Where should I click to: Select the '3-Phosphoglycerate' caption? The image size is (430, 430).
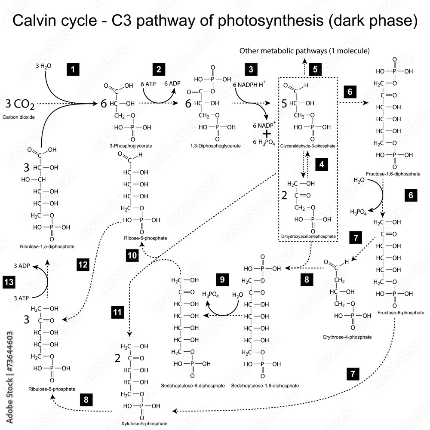[x=128, y=146]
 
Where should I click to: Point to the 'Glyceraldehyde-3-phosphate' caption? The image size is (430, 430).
[x=307, y=146]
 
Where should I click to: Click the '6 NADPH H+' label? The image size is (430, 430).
[x=249, y=85]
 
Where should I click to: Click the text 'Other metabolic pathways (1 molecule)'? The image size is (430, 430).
[x=304, y=51]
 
